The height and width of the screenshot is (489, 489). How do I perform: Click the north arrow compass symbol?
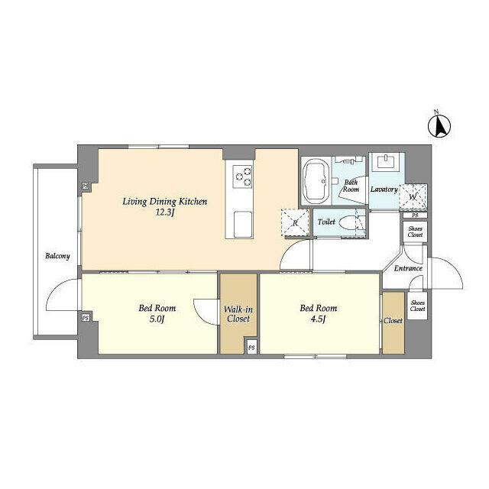[439, 126]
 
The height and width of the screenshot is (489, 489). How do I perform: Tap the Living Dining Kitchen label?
[165, 202]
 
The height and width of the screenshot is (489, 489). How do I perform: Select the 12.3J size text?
[164, 213]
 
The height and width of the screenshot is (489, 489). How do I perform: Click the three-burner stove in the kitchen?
[242, 176]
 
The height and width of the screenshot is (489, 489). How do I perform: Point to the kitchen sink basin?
[243, 224]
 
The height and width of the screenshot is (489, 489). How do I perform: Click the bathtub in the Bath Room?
[316, 182]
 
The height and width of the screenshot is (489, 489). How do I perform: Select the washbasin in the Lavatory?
[386, 161]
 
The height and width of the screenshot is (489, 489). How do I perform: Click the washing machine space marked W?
[413, 197]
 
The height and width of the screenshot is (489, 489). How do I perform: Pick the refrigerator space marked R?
[295, 222]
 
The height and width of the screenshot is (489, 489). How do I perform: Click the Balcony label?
[57, 257]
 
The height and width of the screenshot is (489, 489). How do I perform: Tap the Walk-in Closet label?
[238, 314]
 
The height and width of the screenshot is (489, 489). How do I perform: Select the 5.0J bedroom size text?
[157, 319]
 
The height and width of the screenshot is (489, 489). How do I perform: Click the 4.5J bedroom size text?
[319, 319]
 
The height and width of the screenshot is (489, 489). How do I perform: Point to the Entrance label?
[408, 268]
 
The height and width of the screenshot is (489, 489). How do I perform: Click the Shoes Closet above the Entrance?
[415, 232]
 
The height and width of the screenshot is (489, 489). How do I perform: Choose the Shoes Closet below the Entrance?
[417, 306]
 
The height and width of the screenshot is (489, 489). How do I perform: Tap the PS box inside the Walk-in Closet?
[251, 348]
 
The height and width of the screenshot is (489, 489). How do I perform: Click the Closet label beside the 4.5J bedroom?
[393, 321]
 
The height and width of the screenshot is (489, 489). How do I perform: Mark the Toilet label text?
[326, 222]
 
